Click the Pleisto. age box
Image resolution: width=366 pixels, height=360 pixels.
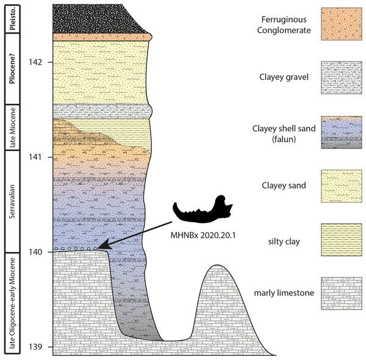(x=11, y=18)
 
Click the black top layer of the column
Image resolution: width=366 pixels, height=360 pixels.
(x=98, y=18)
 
